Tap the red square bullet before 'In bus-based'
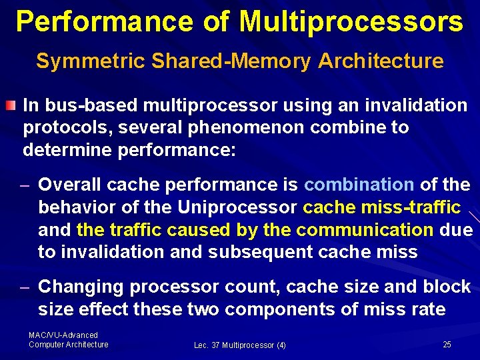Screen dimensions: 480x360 click(x=11, y=106)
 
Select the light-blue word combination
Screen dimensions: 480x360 click(x=359, y=184)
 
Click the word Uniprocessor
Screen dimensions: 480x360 click(x=237, y=207)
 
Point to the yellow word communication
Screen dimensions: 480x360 click(x=365, y=230)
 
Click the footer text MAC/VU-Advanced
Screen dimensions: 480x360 click(x=63, y=335)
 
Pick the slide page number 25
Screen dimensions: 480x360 click(x=447, y=344)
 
